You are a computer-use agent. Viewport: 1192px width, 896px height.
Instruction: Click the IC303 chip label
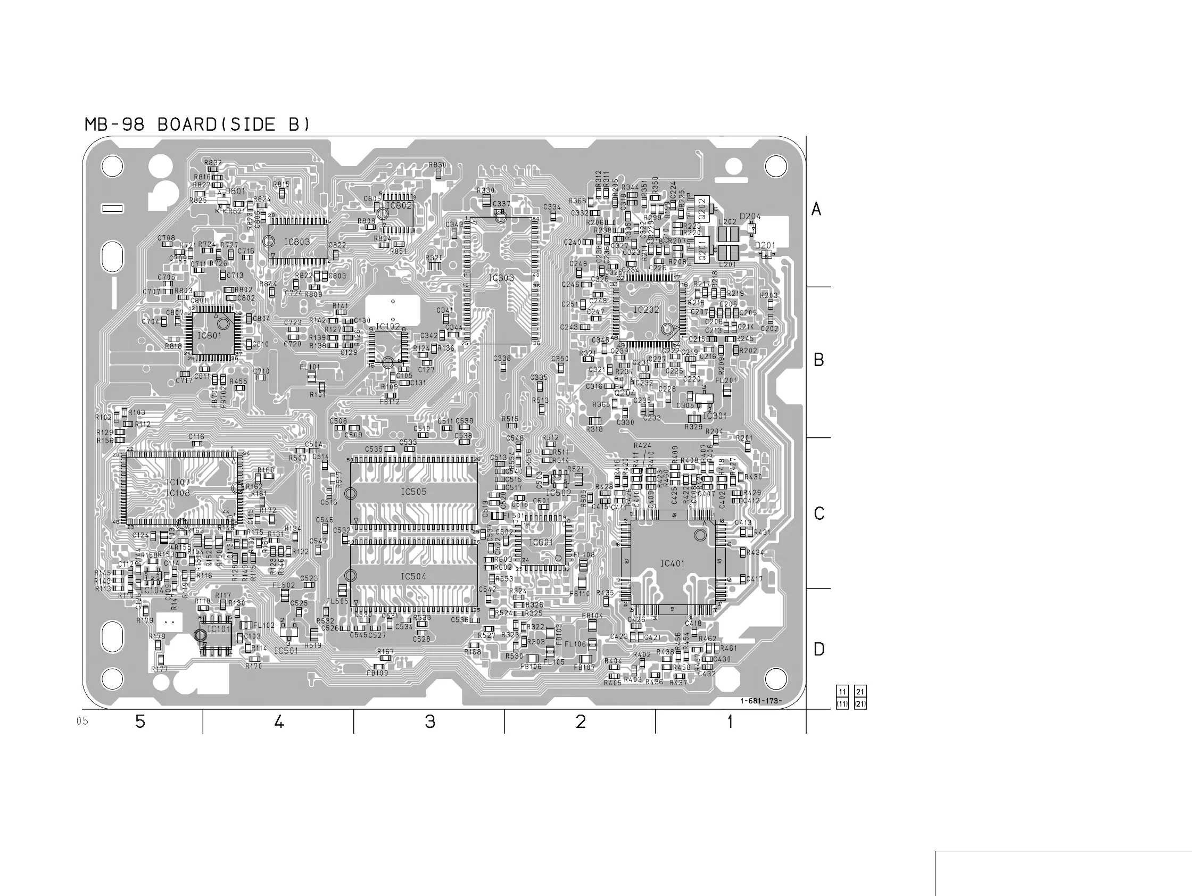[x=501, y=278]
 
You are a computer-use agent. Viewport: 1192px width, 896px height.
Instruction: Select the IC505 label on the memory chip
[x=413, y=492]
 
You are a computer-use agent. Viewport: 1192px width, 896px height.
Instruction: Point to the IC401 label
[x=672, y=563]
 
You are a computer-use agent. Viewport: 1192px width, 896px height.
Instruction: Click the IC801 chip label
[x=209, y=336]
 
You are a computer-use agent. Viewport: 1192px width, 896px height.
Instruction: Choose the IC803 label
[x=297, y=242]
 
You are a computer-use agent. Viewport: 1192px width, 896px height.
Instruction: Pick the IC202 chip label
[x=646, y=310]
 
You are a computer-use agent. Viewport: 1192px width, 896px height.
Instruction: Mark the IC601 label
[x=541, y=543]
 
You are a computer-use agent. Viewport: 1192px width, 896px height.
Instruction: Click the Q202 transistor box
[x=701, y=208]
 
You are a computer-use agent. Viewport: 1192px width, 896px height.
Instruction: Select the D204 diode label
[x=750, y=217]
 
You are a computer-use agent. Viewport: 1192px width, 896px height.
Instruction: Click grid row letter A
[x=816, y=209]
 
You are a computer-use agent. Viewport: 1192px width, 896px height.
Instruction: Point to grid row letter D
[x=818, y=650]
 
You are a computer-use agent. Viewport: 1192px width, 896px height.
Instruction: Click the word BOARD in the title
[x=186, y=125]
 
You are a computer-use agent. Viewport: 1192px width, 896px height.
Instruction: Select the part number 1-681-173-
[x=760, y=701]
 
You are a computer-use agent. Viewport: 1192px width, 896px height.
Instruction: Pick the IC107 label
[x=177, y=483]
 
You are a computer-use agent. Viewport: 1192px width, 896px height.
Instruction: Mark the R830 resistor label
[x=437, y=165]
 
